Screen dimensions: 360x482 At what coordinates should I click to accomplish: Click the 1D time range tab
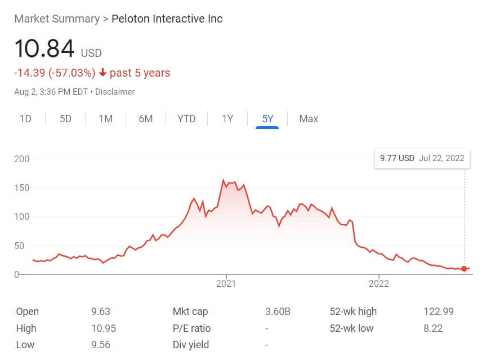[x=25, y=119]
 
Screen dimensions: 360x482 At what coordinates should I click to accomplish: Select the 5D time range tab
[x=65, y=119]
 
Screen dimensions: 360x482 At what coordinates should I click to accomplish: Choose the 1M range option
[x=105, y=119]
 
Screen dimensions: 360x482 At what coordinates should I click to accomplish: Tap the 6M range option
[x=146, y=119]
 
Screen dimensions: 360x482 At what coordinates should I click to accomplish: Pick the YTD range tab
[x=186, y=119]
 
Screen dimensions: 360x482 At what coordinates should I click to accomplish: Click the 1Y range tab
[x=227, y=119]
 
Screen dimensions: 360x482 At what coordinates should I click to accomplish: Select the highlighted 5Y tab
[x=267, y=119]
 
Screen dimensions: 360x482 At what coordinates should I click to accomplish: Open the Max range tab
[x=309, y=119]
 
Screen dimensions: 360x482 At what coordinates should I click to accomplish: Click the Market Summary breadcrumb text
[x=56, y=19]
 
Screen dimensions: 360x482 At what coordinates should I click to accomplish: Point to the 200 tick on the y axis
[x=21, y=159]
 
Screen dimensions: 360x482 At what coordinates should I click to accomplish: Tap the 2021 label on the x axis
[x=226, y=285]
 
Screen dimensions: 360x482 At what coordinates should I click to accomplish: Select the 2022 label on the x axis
[x=379, y=285]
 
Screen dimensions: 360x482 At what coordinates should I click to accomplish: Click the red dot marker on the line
[x=464, y=269]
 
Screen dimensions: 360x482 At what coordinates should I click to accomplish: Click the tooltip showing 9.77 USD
[x=422, y=158]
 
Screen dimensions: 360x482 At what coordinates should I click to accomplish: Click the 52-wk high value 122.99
[x=438, y=312]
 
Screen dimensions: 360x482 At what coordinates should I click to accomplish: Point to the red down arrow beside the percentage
[x=102, y=73]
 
